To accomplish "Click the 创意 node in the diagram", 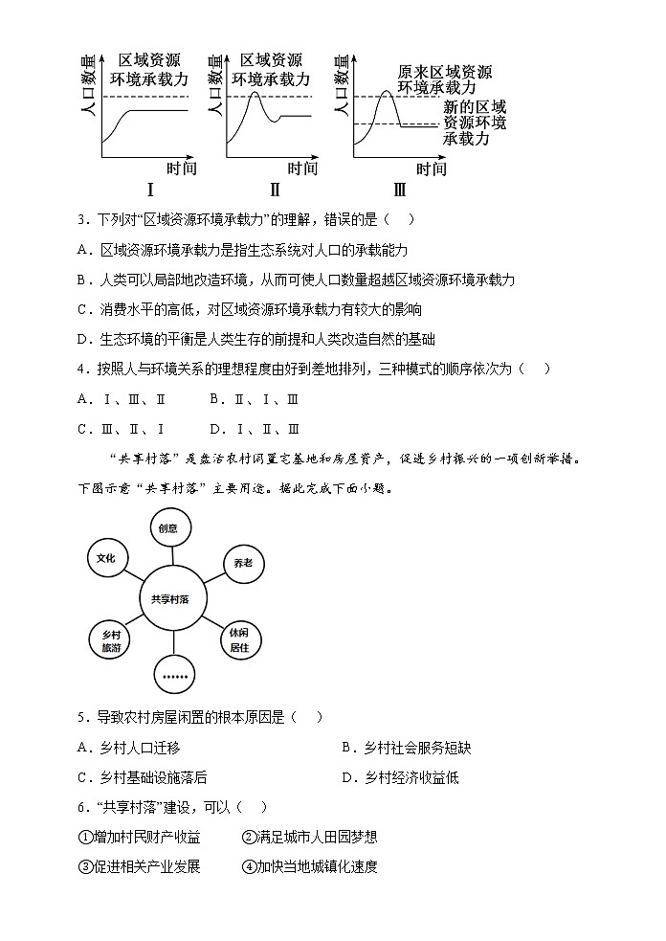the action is pyautogui.click(x=168, y=527).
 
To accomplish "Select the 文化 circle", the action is pyautogui.click(x=106, y=557).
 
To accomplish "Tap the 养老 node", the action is pyautogui.click(x=242, y=564).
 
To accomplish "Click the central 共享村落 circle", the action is pyautogui.click(x=170, y=600).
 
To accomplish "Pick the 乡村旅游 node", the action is pyautogui.click(x=111, y=641).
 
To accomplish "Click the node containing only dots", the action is pyautogui.click(x=173, y=676).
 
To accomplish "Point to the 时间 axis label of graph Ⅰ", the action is pyautogui.click(x=181, y=168).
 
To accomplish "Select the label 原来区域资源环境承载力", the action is pyautogui.click(x=445, y=80).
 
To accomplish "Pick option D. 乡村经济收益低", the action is pyautogui.click(x=400, y=777).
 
